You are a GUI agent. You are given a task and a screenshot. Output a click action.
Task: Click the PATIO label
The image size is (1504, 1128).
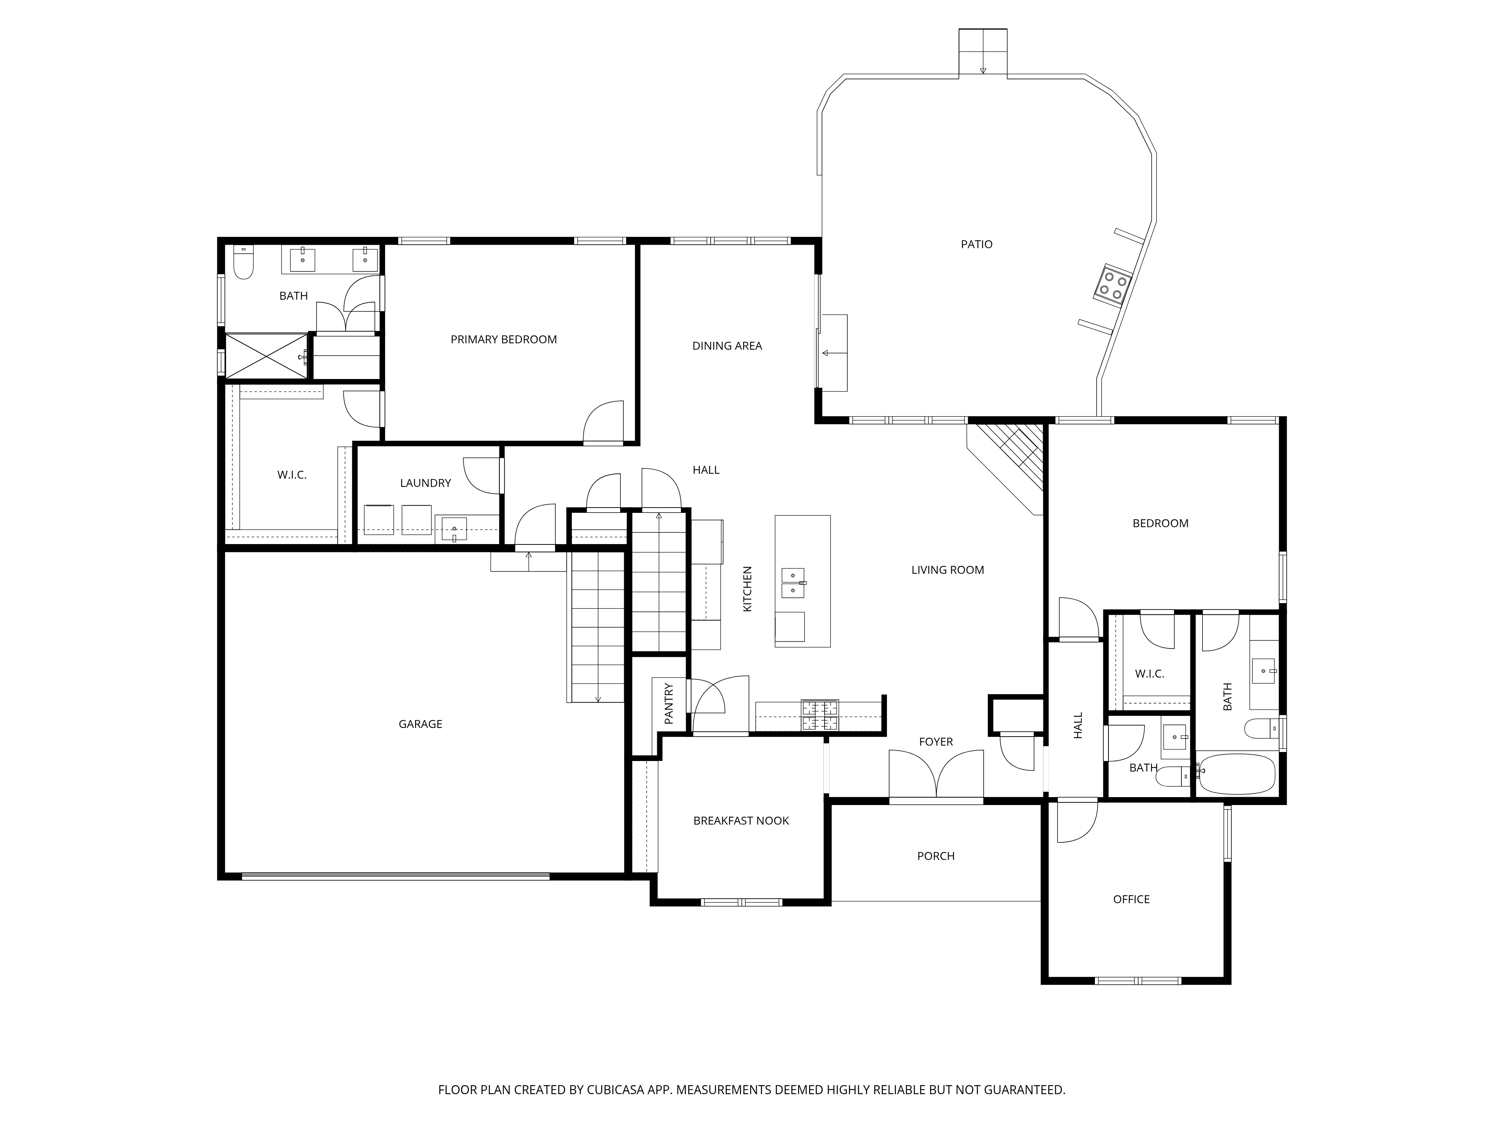976,244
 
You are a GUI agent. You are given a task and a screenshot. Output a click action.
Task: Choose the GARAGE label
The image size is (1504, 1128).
420,724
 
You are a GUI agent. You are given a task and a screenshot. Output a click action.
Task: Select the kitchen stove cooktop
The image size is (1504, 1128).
820,715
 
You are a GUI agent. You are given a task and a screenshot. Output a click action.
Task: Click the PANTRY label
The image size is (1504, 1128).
669,703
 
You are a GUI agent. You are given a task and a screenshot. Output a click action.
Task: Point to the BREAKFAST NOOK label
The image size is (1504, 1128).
741,821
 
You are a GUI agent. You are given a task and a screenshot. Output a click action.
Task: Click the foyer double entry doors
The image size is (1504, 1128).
936,775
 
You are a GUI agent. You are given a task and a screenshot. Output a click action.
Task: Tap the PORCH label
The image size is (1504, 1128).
935,856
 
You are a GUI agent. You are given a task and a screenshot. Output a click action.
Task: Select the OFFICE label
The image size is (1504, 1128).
1131,899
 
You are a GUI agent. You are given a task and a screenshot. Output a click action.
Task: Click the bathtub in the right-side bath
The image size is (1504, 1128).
1237,774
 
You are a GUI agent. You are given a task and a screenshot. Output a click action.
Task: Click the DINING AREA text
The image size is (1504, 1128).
727,346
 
